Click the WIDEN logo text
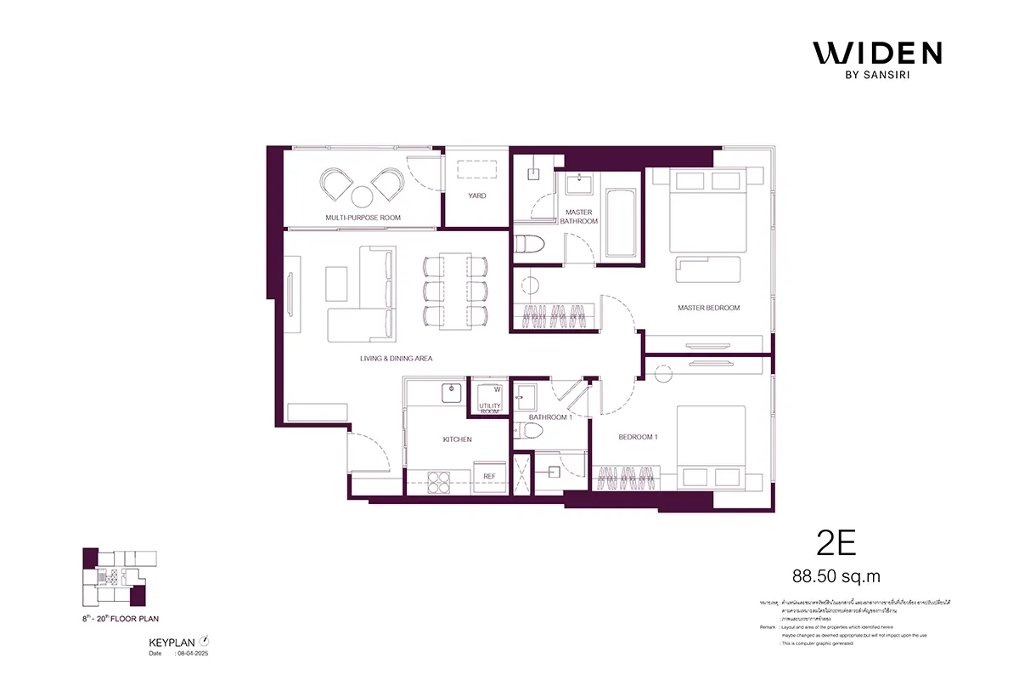877,54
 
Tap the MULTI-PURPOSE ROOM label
363,218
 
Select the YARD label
477,196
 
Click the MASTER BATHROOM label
578,217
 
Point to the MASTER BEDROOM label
708,308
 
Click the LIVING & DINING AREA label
396,359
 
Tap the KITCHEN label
457,439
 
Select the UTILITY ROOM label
491,409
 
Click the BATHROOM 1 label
550,417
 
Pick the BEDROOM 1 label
638,437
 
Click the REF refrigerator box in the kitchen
489,476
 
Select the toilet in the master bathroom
530,243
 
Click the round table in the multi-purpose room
363,197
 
